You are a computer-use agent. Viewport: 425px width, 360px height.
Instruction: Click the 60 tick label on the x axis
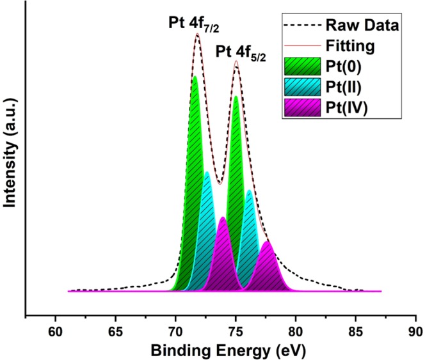pos(55,332)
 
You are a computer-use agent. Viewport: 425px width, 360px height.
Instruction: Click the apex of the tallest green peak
pos(195,76)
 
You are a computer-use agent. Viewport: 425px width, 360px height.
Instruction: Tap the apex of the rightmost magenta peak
pos(267,241)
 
